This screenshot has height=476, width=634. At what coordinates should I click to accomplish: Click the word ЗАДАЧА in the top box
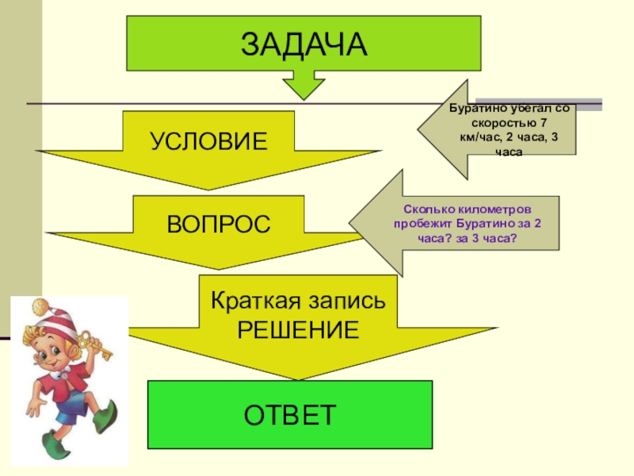(x=304, y=45)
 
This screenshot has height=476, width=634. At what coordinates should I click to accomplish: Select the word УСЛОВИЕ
(x=209, y=142)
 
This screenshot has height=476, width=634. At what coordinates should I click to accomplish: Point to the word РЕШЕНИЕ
(x=297, y=329)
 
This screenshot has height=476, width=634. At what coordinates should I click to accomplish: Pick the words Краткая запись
(x=297, y=301)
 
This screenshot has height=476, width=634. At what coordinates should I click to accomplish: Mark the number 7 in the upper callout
(x=542, y=124)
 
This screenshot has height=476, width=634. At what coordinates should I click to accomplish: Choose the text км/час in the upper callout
(x=478, y=138)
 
